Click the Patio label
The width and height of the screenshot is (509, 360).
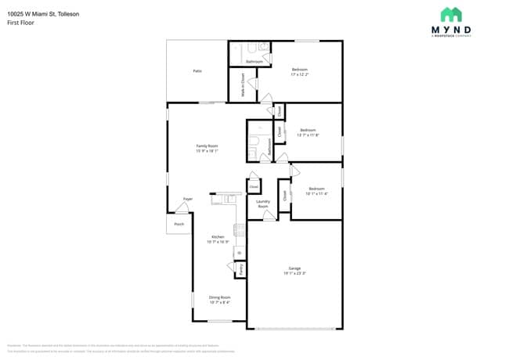coord(197,71)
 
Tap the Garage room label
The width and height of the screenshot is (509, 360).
coord(294,268)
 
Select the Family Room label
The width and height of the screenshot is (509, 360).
coord(207,146)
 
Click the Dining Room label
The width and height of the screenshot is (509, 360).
coord(219,297)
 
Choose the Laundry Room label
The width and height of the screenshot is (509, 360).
coord(263,204)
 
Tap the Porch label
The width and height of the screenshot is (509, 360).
coord(179,224)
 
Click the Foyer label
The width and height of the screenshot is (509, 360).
coord(188,199)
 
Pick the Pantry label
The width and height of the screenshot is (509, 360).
coord(241,268)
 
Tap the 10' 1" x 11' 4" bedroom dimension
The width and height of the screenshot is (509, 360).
coord(316,193)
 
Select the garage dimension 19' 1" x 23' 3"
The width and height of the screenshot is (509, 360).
coord(294,272)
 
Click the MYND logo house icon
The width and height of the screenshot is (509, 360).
coord(450,14)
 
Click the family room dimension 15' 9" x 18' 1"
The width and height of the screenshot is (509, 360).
coord(207,151)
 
